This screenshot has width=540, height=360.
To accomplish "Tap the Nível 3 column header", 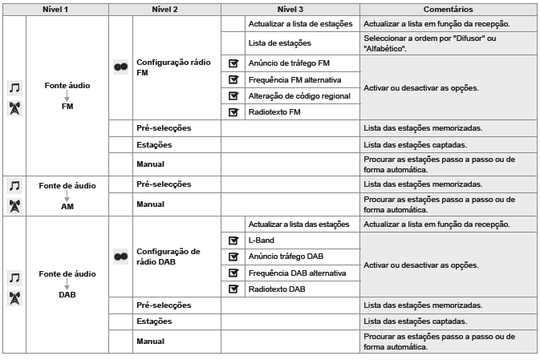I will point(290,9).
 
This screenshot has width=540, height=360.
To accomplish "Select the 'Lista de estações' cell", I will point(279,42).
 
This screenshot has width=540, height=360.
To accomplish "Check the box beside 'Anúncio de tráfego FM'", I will point(233,62).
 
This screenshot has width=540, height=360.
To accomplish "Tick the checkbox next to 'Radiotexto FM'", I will point(233,112).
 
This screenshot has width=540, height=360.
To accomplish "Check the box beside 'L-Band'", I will point(233,240).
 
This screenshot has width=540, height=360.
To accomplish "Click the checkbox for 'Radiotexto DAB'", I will point(233,289).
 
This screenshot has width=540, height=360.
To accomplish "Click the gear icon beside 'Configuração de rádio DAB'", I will point(122,257).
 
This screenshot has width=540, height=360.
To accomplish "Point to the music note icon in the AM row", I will point(14,186).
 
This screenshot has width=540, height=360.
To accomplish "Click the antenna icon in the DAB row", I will point(14,295).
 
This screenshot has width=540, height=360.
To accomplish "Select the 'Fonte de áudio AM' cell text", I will point(67,195).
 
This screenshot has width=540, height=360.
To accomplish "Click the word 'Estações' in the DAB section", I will point(155,322).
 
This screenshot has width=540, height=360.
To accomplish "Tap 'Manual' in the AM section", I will point(150,204).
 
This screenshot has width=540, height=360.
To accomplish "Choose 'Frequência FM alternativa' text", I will point(295,79).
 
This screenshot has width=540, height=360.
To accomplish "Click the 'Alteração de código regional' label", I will point(299,95).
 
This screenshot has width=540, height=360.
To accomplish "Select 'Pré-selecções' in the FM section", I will point(164,128).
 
